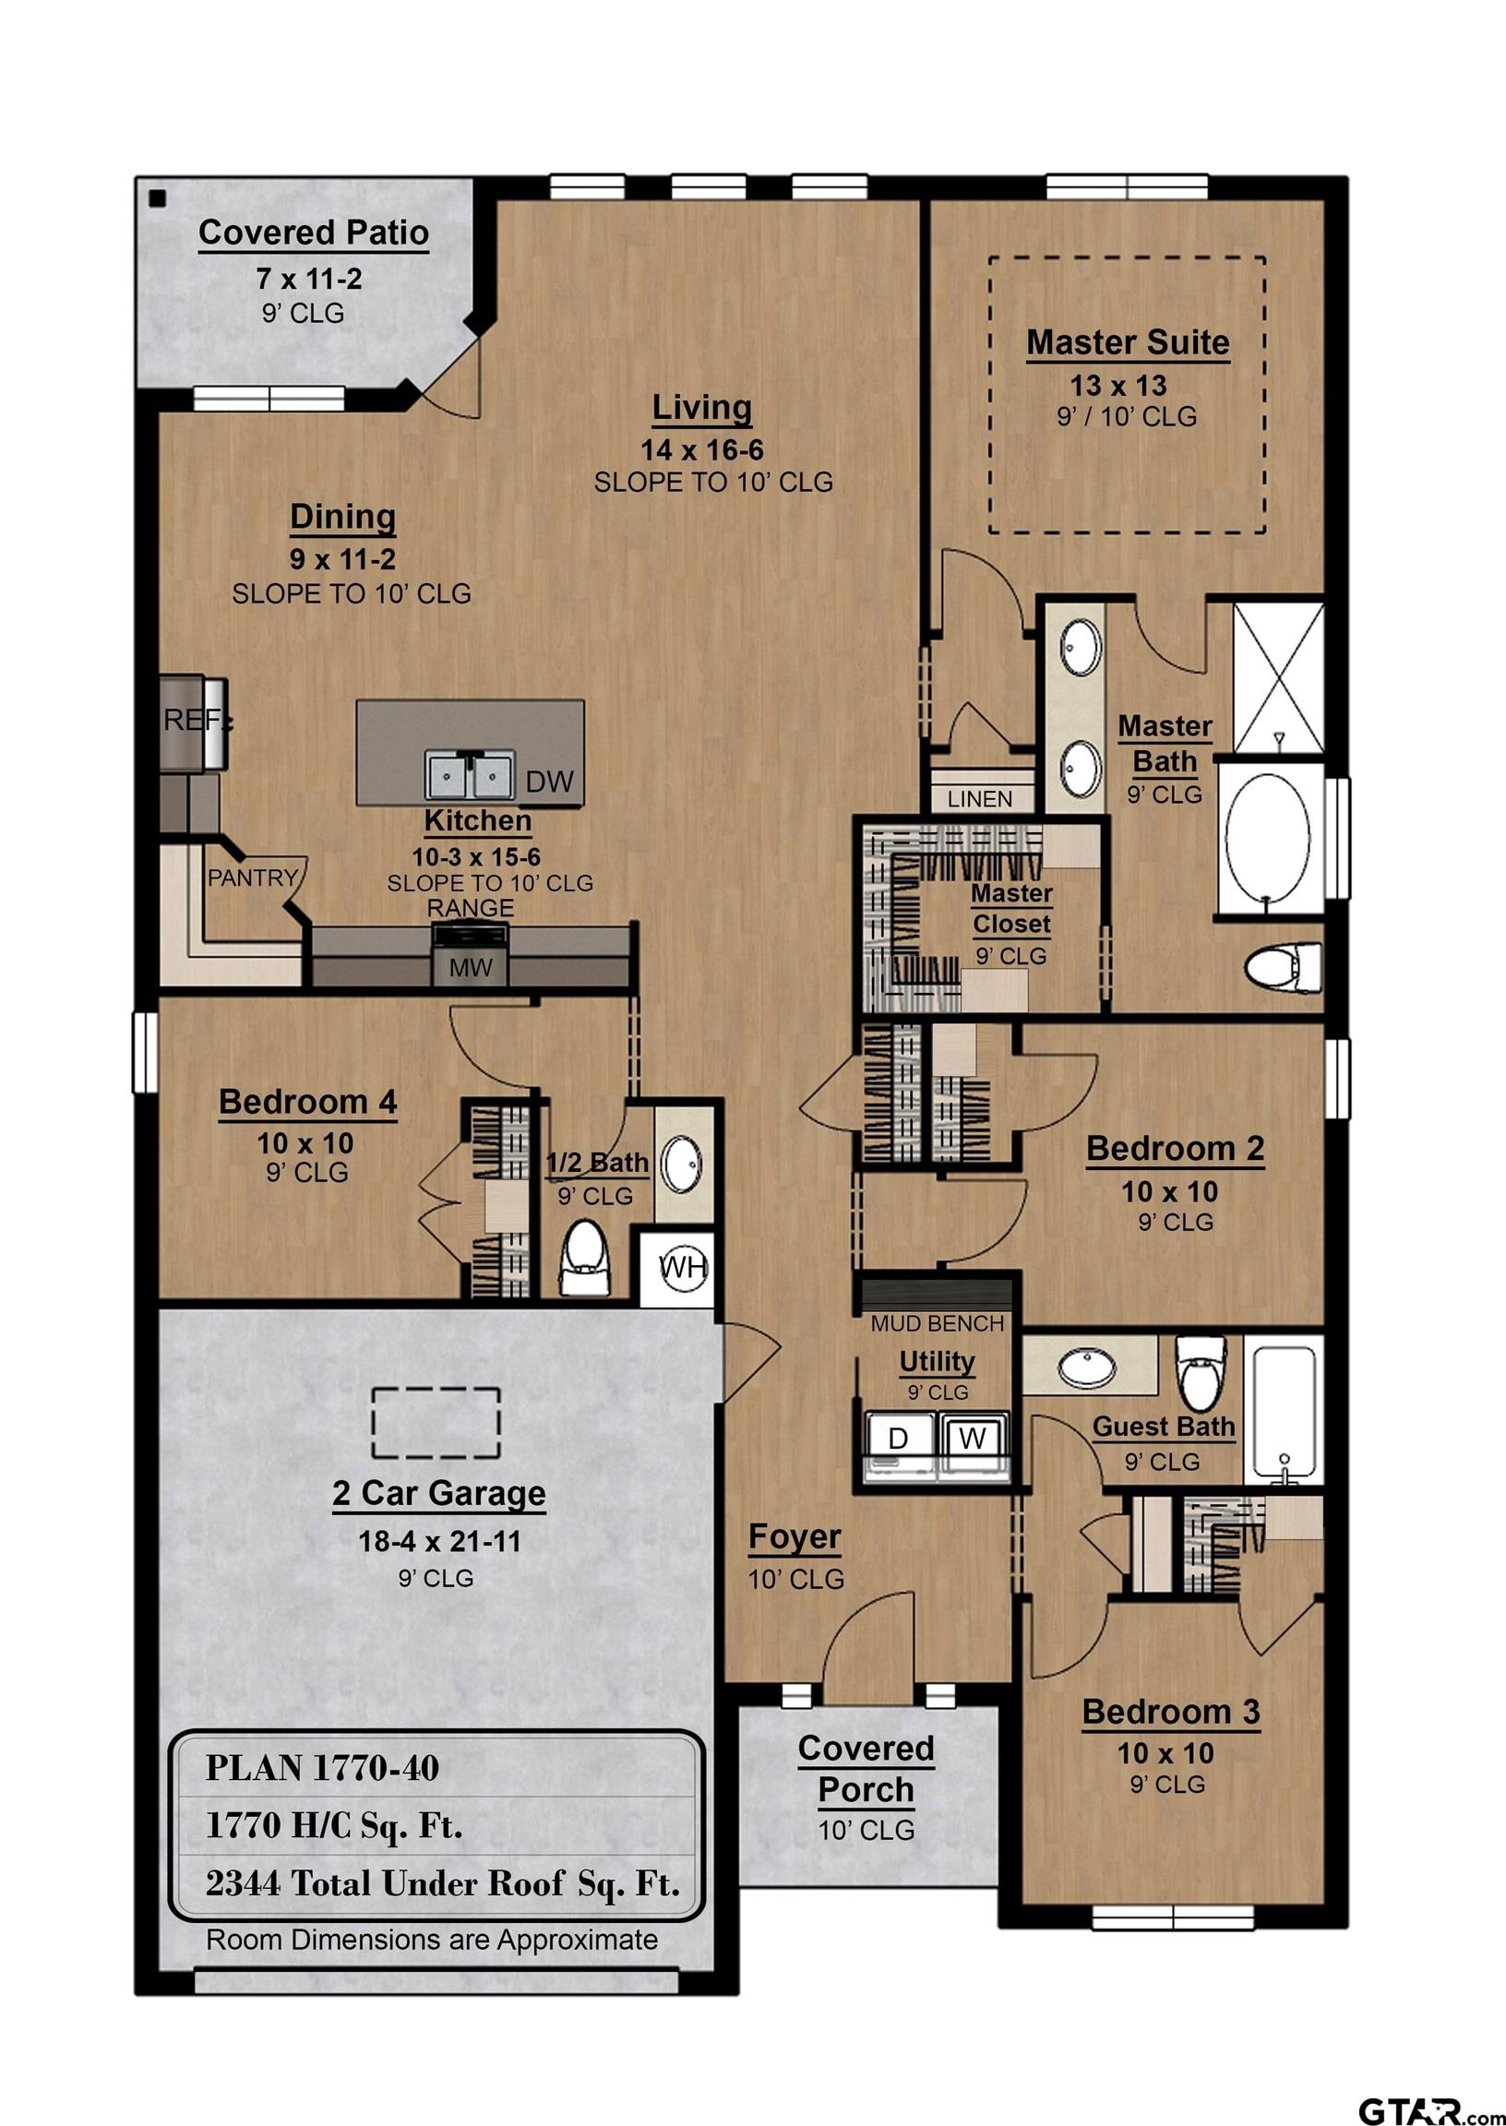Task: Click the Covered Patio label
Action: point(314,232)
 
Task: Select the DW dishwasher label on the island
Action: point(549,782)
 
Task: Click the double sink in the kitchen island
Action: point(469,774)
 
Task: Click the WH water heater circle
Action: point(684,1268)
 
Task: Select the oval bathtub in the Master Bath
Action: point(1268,840)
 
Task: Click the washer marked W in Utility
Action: point(972,1438)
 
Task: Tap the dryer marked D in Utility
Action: point(897,1438)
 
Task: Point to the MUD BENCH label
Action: point(937,1324)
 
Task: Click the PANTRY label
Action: point(252,878)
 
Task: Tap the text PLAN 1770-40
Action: point(322,1768)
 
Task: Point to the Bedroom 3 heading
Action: point(1170,1712)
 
